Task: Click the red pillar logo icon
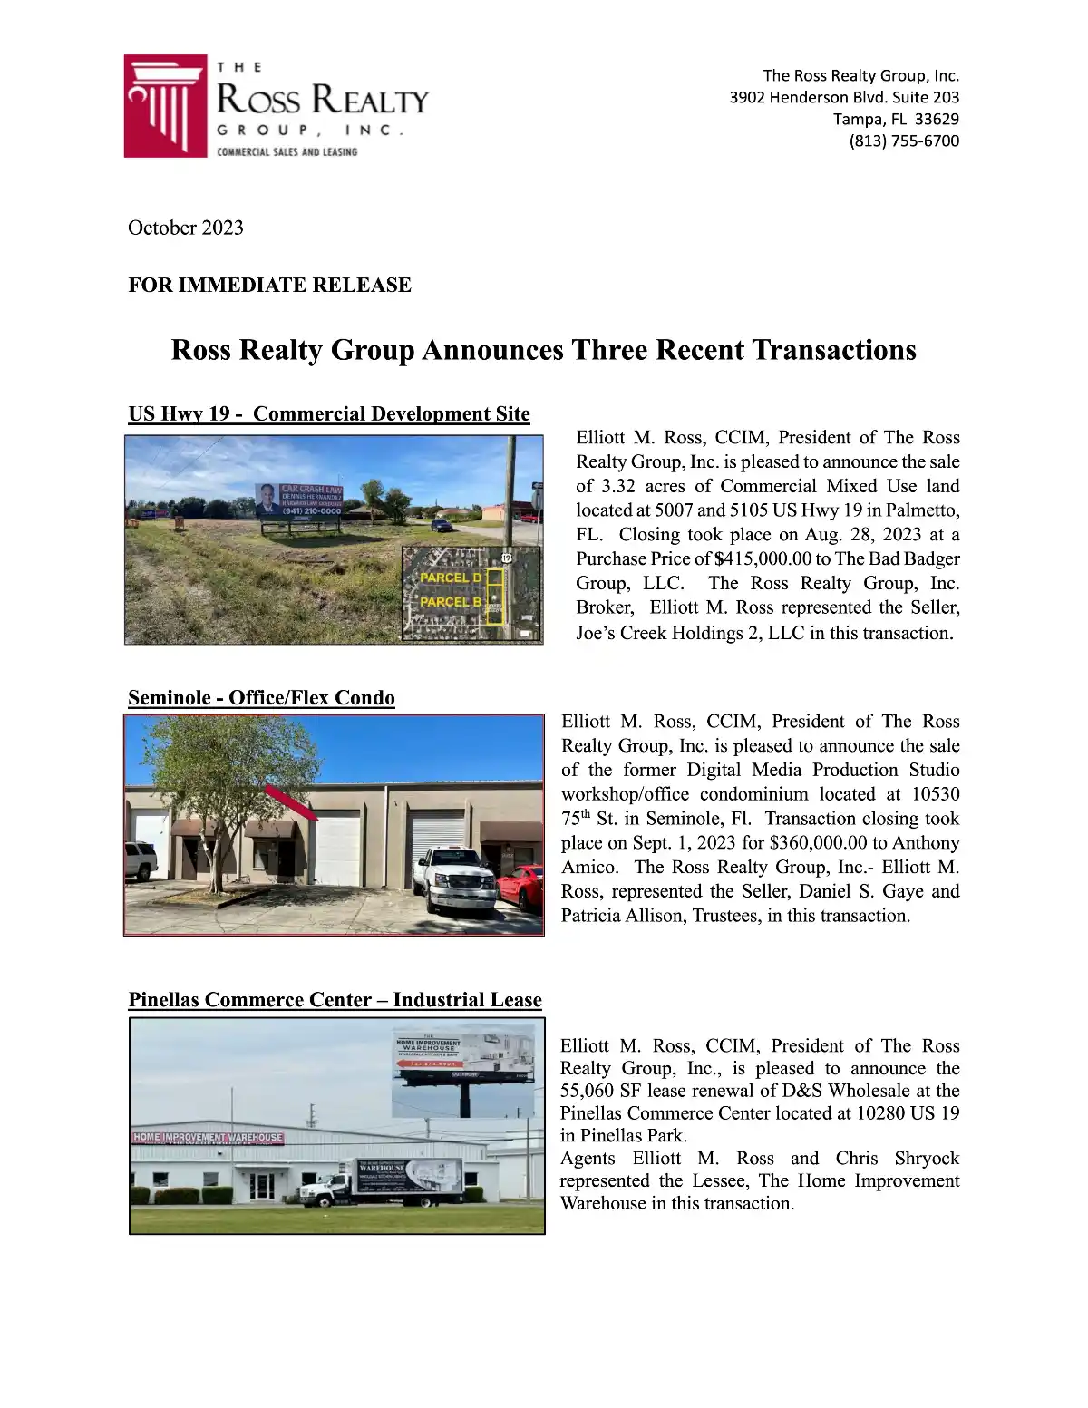click(166, 106)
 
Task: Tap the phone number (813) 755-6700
click(904, 141)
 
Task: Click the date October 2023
click(186, 228)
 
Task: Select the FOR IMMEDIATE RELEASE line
click(269, 285)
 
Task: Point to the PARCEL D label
click(451, 578)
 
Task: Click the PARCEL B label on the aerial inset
click(451, 602)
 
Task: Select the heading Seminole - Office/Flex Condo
click(261, 697)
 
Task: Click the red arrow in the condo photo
click(291, 803)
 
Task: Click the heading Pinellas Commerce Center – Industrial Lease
click(335, 999)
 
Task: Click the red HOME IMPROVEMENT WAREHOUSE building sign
click(208, 1137)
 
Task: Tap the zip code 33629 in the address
click(937, 119)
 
